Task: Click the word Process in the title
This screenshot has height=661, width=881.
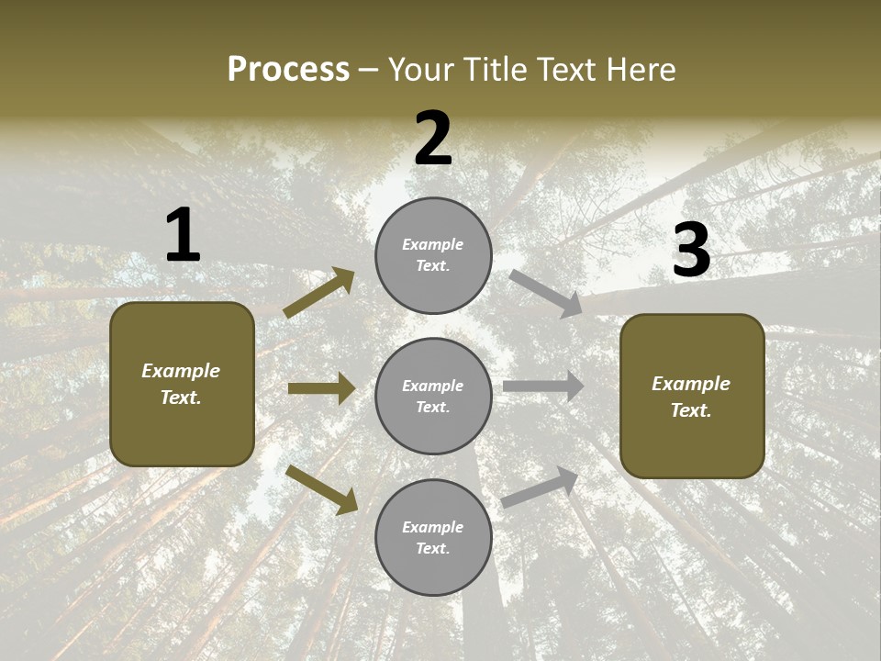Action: point(288,70)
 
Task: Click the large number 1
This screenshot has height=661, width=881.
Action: point(183,236)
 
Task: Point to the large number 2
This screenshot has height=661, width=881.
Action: point(433,139)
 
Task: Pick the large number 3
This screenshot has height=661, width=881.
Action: point(691,251)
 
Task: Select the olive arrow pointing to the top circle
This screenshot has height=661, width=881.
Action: point(319,292)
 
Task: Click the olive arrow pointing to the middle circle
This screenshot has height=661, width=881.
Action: point(321,388)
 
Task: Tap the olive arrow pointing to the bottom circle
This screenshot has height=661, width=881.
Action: point(322,490)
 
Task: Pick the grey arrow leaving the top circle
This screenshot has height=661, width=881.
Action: point(545,294)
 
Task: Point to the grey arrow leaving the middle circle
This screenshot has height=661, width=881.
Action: point(543,387)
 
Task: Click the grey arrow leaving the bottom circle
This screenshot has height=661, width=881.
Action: point(540,487)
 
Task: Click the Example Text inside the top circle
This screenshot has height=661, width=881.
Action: point(433,255)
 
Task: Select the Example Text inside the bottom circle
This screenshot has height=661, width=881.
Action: point(433,538)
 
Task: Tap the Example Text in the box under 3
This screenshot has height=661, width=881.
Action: point(691,397)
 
